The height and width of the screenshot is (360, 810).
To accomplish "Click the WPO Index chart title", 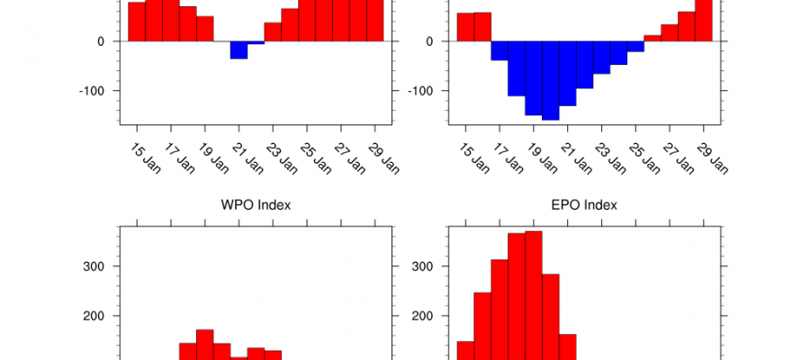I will click(x=256, y=205).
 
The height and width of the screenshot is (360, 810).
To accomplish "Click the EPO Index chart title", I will click(x=584, y=205).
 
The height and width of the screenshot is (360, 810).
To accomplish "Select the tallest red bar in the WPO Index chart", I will click(x=204, y=344).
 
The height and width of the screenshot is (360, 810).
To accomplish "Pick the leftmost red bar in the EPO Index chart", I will click(x=465, y=350).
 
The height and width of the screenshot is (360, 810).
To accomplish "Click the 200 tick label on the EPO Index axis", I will click(x=424, y=316).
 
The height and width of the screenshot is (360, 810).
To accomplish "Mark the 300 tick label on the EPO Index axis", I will click(x=424, y=266).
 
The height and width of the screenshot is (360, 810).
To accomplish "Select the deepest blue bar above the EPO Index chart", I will click(x=551, y=80).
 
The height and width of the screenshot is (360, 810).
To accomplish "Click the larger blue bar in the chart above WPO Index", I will click(x=238, y=49).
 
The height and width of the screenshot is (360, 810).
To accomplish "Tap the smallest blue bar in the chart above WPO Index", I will click(x=256, y=42).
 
